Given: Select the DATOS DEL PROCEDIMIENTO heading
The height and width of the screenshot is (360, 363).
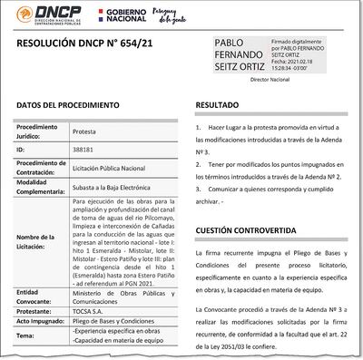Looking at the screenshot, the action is [x=67, y=105].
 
